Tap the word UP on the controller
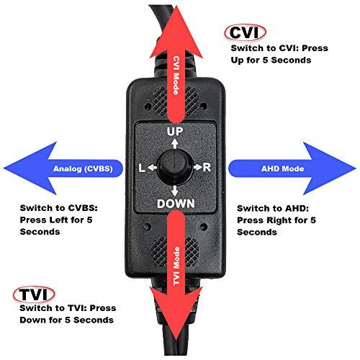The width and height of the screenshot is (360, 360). (176, 132)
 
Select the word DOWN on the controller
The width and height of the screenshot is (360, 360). (176, 204)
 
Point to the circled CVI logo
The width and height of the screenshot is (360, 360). (246, 32)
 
